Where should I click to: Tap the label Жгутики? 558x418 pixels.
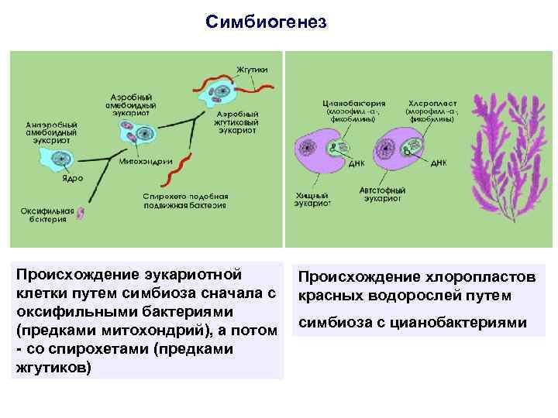pos(253,69)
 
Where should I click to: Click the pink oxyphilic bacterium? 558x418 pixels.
pos(79,214)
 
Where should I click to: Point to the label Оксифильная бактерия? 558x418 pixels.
pos(47,214)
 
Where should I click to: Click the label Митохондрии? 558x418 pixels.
pos(140,163)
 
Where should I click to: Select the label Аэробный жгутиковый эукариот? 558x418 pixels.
pos(237,122)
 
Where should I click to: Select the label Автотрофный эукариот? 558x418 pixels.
pos(384,194)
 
